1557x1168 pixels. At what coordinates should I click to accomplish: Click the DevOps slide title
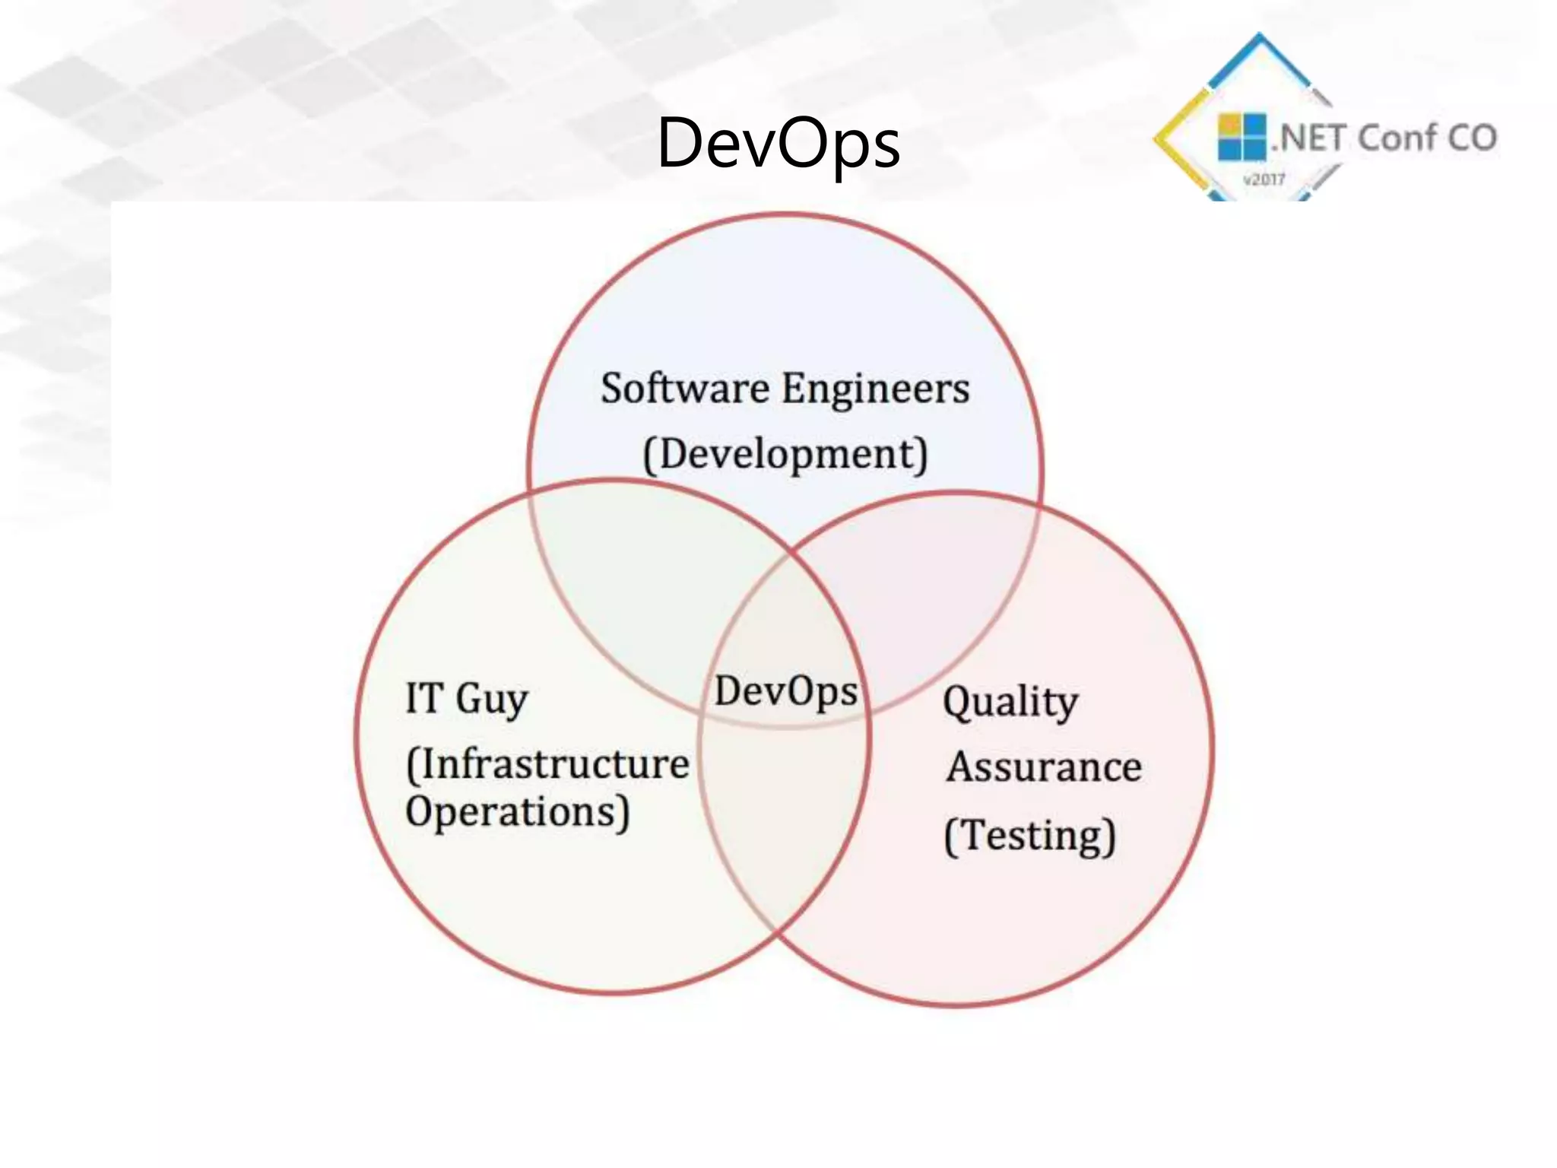(x=778, y=143)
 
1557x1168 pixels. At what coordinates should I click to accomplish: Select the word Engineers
(x=876, y=390)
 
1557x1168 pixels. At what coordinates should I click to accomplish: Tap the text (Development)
(x=785, y=455)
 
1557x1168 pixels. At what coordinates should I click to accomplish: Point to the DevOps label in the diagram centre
(x=785, y=692)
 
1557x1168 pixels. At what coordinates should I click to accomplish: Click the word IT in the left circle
(x=424, y=697)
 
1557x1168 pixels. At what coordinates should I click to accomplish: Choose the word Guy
(x=492, y=699)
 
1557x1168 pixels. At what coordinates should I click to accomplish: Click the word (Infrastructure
(x=547, y=764)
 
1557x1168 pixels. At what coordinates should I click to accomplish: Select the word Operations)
(x=517, y=812)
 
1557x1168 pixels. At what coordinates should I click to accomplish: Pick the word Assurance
(x=1044, y=766)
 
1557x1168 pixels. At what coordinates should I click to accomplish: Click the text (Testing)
(x=1029, y=836)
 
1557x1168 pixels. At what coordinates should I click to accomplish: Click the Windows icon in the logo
(x=1241, y=137)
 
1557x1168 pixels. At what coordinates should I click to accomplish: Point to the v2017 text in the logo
(x=1264, y=179)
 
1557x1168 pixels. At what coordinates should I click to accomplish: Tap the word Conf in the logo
(x=1396, y=138)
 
